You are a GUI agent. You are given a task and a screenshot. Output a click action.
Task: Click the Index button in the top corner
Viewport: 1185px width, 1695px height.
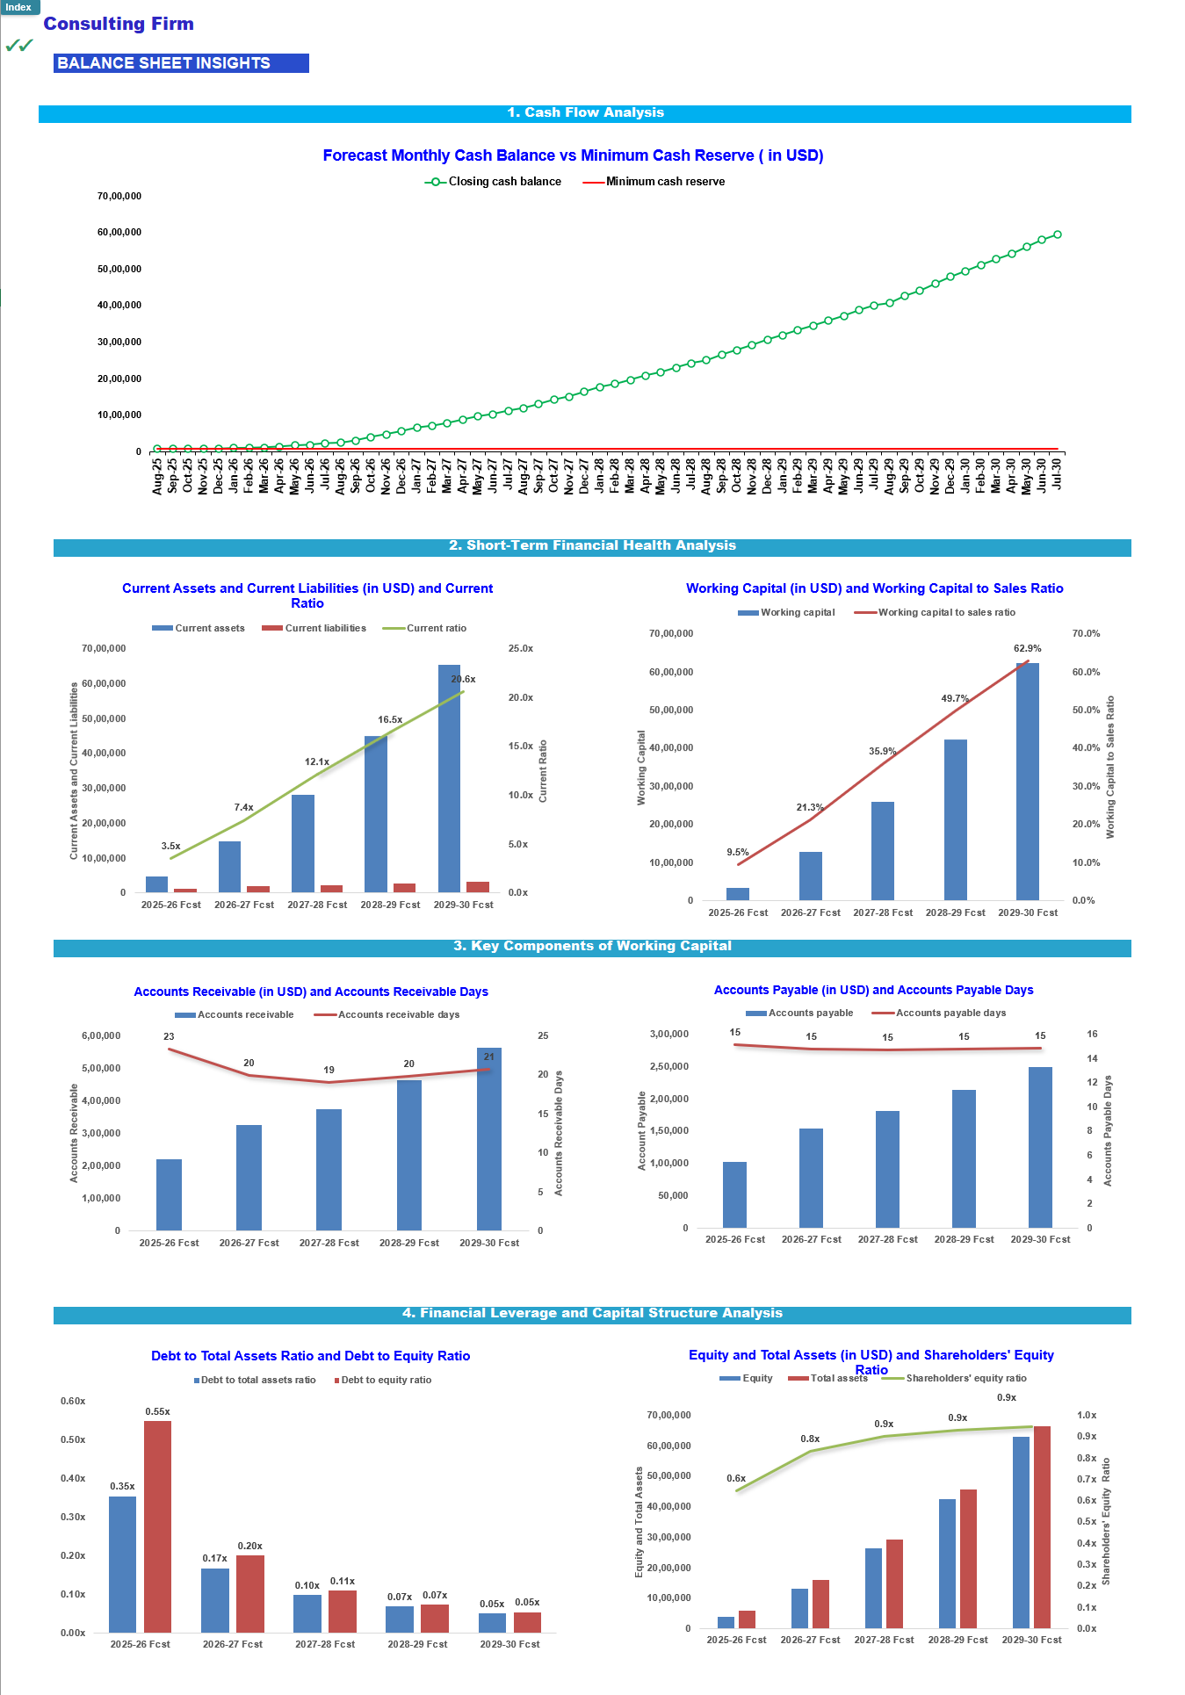click(18, 7)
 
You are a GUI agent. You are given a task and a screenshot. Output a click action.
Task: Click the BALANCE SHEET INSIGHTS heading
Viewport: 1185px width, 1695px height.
click(164, 63)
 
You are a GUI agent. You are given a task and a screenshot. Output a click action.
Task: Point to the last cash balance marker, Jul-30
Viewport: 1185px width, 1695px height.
click(1057, 234)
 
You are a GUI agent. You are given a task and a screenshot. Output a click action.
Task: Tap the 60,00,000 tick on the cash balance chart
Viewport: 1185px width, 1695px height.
click(119, 233)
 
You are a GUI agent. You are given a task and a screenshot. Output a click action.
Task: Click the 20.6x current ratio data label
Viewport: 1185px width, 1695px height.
click(463, 679)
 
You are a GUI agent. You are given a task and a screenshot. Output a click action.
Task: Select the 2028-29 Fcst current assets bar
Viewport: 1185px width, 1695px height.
click(376, 813)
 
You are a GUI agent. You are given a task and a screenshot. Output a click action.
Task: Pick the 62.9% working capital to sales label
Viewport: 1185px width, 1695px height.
click(1027, 649)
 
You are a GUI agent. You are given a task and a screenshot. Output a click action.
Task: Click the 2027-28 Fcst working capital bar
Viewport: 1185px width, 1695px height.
click(883, 850)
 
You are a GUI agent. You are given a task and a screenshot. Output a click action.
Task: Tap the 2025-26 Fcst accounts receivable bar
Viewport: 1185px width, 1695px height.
click(169, 1194)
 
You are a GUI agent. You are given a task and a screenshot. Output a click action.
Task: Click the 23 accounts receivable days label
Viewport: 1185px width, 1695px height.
click(169, 1036)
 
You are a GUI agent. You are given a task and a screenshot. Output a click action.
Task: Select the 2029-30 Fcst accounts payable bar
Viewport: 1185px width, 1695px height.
click(1040, 1147)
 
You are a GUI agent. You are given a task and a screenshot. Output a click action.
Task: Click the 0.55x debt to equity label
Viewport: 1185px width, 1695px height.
click(158, 1411)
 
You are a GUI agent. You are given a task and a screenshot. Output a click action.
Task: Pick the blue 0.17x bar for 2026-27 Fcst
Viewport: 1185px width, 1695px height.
click(215, 1600)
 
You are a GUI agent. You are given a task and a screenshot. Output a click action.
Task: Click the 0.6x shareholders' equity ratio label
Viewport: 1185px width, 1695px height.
click(736, 1478)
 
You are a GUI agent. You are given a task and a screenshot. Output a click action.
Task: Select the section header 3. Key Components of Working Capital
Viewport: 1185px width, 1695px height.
click(592, 946)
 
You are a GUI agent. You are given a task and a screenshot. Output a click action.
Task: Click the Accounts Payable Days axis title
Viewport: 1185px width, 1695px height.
click(1108, 1130)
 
